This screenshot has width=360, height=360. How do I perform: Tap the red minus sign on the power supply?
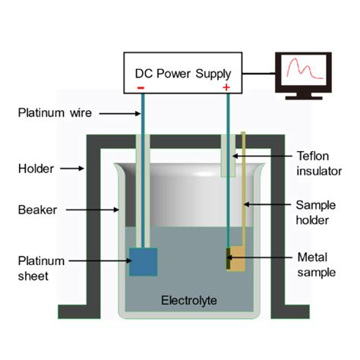tap(141, 87)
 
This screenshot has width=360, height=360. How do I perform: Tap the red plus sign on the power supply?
tap(226, 87)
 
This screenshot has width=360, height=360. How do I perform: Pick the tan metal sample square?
tap(237, 261)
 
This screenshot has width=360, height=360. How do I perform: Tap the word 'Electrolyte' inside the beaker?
tap(189, 302)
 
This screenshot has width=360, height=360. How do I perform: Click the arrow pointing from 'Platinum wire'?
tap(114, 114)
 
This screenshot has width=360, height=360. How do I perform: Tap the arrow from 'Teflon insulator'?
tap(254, 156)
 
